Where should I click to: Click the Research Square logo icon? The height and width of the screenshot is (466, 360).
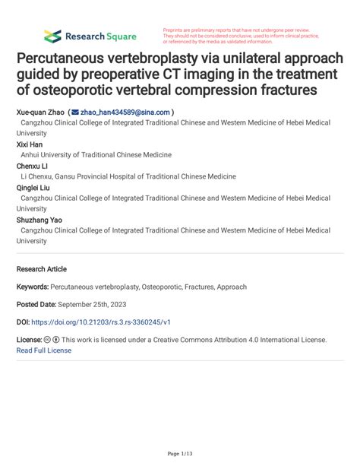pyautogui.click(x=52, y=36)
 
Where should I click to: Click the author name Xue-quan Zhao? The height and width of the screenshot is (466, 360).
pyautogui.click(x=39, y=111)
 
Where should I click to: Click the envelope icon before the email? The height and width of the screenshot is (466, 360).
pyautogui.click(x=74, y=111)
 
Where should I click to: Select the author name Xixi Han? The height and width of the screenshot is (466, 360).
pyautogui.click(x=30, y=143)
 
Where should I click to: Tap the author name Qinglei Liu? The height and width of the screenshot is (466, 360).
pyautogui.click(x=33, y=186)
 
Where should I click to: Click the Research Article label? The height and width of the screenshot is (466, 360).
pyautogui.click(x=41, y=269)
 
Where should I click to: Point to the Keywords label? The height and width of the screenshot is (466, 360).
pyautogui.click(x=32, y=287)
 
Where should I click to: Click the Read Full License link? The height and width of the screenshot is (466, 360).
pyautogui.click(x=44, y=350)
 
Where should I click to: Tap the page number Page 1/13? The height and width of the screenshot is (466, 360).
pyautogui.click(x=180, y=453)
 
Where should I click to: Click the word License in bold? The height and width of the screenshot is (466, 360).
pyautogui.click(x=29, y=340)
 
